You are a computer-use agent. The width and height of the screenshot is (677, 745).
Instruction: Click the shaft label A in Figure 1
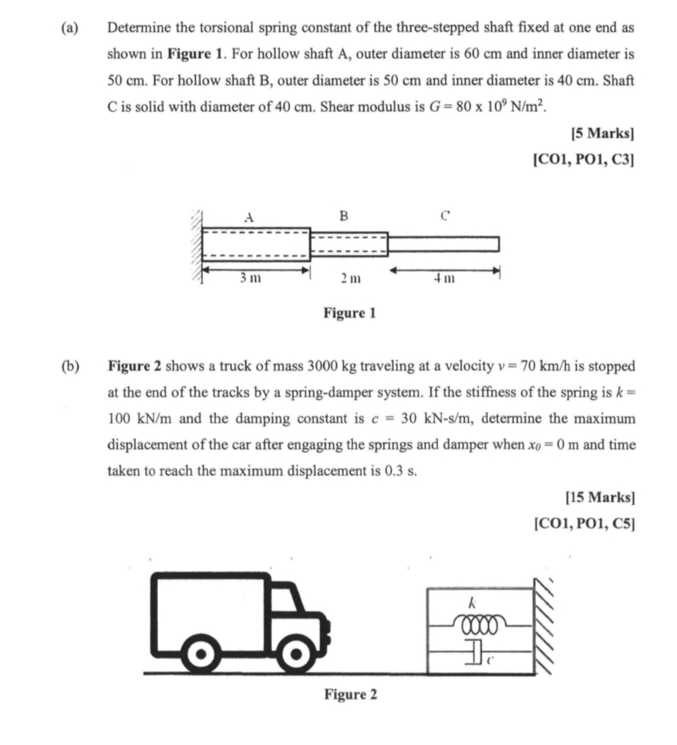(248, 217)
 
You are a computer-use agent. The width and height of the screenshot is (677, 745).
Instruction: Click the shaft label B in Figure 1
(344, 216)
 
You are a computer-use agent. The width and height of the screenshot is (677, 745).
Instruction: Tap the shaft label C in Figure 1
(445, 217)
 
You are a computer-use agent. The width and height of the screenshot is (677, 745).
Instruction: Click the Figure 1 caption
(349, 314)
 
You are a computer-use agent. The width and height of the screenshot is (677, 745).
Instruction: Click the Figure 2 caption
(350, 695)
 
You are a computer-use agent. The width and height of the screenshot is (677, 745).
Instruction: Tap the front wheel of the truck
(294, 655)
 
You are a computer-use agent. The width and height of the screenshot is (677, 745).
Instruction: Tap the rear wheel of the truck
(202, 655)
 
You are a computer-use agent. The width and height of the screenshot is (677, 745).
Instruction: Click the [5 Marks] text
(602, 133)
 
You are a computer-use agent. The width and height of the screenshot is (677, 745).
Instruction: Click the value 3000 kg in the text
(332, 365)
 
